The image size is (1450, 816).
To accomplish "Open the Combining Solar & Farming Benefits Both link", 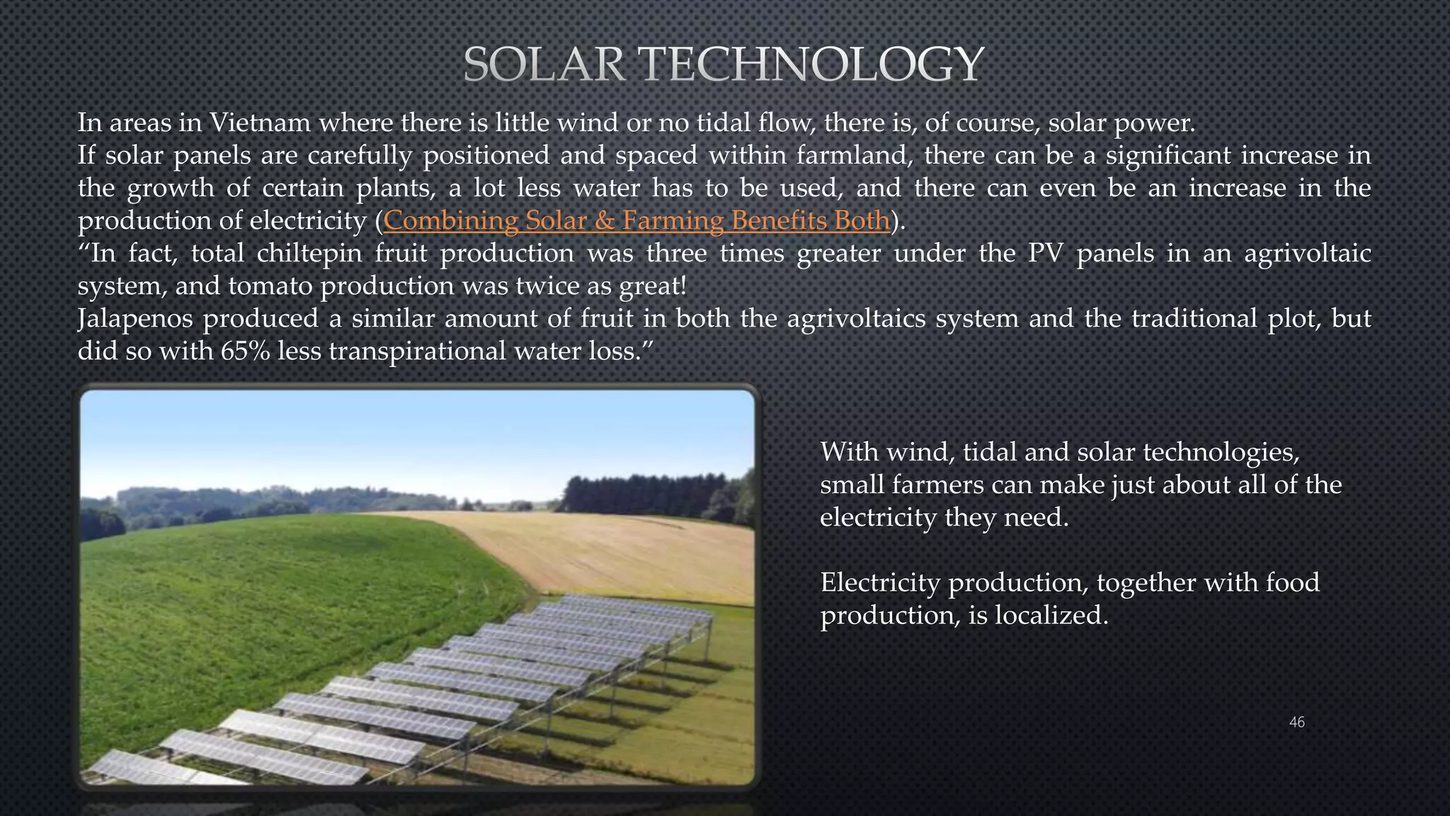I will coord(636,220).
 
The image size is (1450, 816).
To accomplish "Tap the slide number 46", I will coord(1296,722).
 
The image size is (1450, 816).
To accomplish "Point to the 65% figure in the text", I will coord(245,351).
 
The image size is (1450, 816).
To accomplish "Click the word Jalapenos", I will coord(135,319).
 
